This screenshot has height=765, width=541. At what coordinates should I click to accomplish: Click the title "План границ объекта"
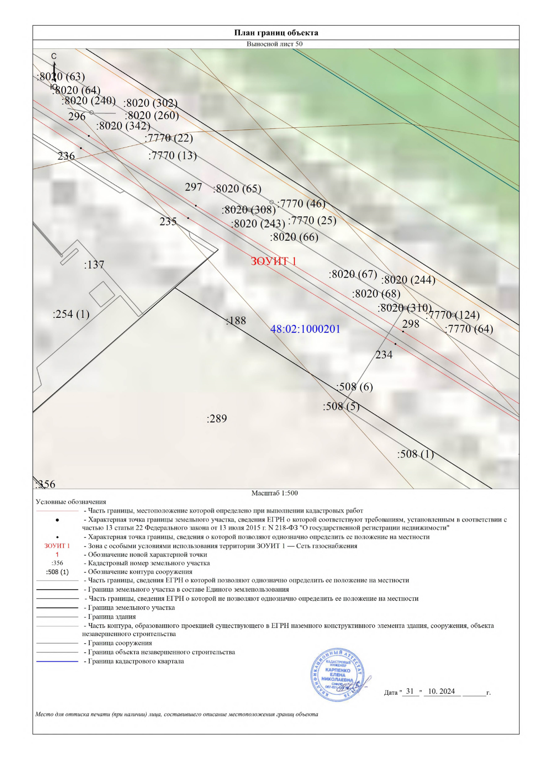pos(276,33)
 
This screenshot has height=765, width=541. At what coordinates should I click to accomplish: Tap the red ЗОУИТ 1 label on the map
pos(274,261)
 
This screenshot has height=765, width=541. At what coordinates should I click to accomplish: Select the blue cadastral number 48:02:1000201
pos(305,329)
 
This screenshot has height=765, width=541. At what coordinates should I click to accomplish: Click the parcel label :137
pos(94,265)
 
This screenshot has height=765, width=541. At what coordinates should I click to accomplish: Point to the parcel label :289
pos(217,419)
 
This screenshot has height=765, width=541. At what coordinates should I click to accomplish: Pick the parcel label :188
pos(236,321)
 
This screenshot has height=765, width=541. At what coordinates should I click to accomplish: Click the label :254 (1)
pos(71,314)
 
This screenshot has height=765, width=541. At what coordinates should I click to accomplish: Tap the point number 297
pos(193,187)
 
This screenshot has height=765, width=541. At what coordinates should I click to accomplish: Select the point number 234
pos(384,355)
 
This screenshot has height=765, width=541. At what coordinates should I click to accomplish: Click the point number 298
pos(411,324)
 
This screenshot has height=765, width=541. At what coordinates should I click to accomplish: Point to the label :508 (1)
pos(415,454)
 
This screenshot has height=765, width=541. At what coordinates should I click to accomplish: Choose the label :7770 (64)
pos(469,329)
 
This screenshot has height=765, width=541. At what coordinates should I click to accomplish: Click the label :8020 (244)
pos(408,280)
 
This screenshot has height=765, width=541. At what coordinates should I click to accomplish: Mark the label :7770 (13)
pos(172,156)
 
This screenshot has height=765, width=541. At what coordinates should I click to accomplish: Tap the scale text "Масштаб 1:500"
pos(275,493)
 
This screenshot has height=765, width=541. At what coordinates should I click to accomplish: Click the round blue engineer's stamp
pos(338,674)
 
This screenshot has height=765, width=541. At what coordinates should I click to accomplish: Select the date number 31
pos(410,691)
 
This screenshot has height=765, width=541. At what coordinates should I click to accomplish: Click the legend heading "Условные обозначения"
pos(71,502)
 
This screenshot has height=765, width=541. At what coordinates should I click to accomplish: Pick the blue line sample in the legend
pos(57,661)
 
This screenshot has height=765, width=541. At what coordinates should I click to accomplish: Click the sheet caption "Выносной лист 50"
pos(275,44)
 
